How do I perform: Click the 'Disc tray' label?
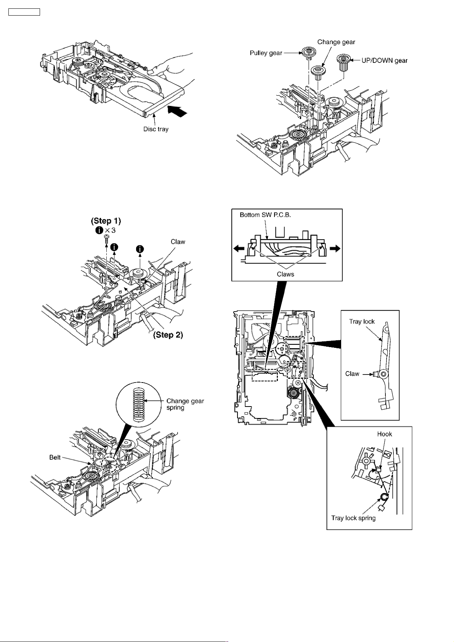click(x=156, y=129)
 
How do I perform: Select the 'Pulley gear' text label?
click(x=266, y=53)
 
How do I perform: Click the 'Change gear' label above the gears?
click(x=336, y=42)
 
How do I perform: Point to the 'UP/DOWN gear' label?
click(x=384, y=60)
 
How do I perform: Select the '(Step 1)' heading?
click(x=106, y=221)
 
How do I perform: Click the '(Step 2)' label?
click(x=168, y=335)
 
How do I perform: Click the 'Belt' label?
click(x=55, y=457)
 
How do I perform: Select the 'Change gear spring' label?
click(x=185, y=404)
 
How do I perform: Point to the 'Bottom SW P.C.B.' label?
click(x=265, y=215)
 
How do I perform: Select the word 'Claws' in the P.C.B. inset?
click(x=285, y=274)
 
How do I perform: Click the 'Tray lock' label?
click(x=362, y=321)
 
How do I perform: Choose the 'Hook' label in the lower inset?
click(x=384, y=434)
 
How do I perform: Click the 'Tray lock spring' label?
click(x=353, y=518)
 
